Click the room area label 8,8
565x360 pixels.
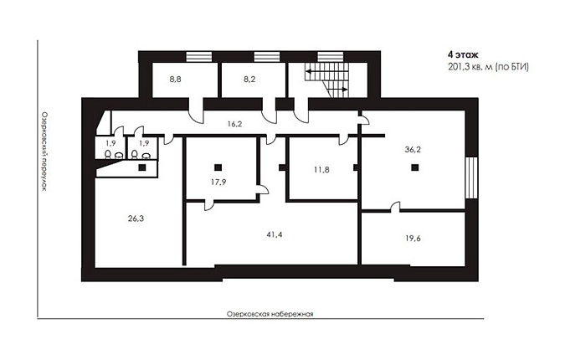(x=176, y=80)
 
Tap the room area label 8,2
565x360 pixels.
(x=249, y=80)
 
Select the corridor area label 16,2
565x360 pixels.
(x=234, y=124)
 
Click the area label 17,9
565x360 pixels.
(x=218, y=183)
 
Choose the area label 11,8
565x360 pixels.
(x=321, y=170)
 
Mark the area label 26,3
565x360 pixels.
(x=136, y=219)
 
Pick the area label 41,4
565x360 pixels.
(x=275, y=235)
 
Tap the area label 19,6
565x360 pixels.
(x=413, y=239)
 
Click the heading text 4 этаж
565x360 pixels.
(x=463, y=55)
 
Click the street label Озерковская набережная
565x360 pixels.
(x=270, y=314)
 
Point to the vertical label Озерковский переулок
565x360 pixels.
(x=44, y=152)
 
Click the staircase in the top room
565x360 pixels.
(x=327, y=80)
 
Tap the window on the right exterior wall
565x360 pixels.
(x=471, y=177)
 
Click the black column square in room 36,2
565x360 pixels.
(x=415, y=167)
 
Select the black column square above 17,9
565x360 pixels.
(x=218, y=167)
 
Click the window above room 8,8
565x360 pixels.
(x=198, y=57)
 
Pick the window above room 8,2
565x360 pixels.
(x=267, y=57)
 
